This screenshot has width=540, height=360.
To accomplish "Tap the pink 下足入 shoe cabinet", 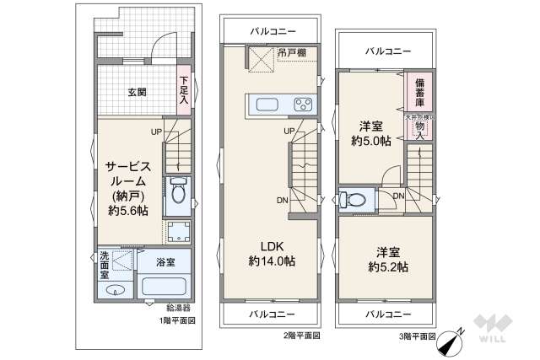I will [x=184, y=91].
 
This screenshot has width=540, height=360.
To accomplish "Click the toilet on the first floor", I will [x=177, y=194].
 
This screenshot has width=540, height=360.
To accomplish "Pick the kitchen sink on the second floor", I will [x=267, y=105].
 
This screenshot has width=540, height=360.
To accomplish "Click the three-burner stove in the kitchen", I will [x=303, y=105].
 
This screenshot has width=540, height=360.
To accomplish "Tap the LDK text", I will [x=271, y=246].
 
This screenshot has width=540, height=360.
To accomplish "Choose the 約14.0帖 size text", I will [x=271, y=261].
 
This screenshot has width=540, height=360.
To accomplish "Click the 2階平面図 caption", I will [x=301, y=335].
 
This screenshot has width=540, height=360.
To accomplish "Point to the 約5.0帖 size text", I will [x=371, y=141].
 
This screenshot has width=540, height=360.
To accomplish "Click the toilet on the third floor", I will [x=355, y=201].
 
